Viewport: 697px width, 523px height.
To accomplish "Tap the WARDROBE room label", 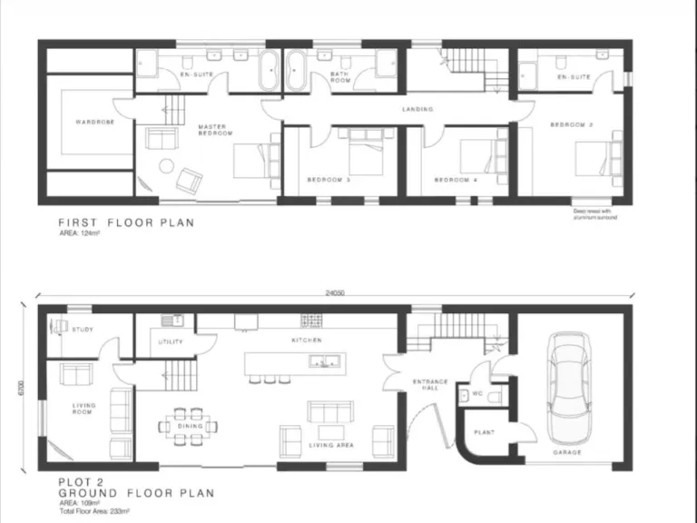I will [x=95, y=121].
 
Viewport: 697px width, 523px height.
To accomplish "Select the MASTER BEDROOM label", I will [x=216, y=131].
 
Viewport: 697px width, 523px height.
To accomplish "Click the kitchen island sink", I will [x=322, y=362].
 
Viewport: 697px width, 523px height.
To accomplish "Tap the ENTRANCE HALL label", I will [x=426, y=385].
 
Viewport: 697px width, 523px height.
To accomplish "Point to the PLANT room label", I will [x=484, y=433].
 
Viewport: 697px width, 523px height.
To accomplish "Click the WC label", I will [x=476, y=394].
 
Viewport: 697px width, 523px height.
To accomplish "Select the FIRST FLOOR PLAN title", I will [x=126, y=222].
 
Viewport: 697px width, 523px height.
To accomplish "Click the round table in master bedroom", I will [x=167, y=165].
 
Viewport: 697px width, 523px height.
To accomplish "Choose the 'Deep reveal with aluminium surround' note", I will [x=594, y=215].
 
